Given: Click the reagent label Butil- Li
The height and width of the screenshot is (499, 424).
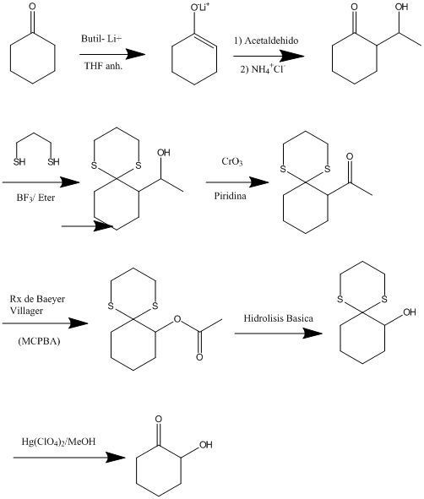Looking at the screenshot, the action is coord(101,39).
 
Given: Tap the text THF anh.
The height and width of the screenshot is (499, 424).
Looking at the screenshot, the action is coord(103,66).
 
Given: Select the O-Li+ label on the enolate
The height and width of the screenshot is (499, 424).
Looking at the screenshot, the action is coord(200,7).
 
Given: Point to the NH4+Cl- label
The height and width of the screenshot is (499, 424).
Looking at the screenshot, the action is coord(269,68).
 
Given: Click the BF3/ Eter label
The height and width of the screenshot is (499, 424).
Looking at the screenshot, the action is coord(35,198).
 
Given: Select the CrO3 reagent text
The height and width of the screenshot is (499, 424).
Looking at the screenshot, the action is coord(232,161).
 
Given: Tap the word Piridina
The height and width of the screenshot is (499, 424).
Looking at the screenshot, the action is coord(230,196).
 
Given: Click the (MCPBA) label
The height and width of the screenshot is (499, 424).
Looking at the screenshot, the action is coord(39,341).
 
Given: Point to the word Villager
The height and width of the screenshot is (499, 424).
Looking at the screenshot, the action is coord(26,310).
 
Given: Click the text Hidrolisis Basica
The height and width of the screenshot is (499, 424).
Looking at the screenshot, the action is coord(278,318).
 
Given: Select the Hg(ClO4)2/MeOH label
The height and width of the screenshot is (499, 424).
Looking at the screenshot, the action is coord(58,442).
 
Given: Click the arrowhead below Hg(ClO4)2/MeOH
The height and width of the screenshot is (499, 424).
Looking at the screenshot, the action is coord(116,458).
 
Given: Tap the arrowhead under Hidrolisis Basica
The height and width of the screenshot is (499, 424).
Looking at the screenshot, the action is coord(313,334).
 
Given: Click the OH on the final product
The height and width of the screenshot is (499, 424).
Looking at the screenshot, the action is coord(205,445).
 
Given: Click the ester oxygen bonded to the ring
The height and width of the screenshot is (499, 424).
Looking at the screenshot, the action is coord(177,319).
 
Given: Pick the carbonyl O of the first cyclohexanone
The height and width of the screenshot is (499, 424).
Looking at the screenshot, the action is coord(32,7).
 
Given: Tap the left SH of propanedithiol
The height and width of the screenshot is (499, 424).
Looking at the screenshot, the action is coord(19,161).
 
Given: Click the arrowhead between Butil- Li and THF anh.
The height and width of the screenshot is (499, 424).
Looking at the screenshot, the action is coord(136,54).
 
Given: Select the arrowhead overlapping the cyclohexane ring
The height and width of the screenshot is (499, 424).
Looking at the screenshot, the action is coord(103,226).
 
